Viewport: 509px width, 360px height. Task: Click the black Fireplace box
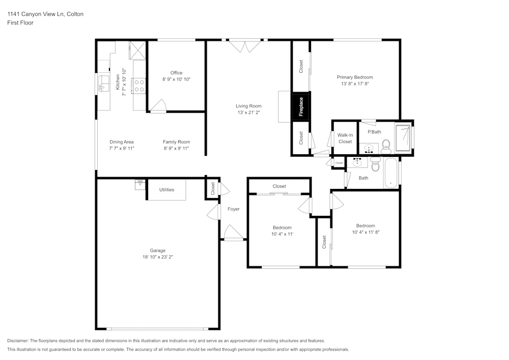point(301,107)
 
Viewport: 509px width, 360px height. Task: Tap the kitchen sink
point(103,83)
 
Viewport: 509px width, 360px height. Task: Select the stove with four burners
point(138,85)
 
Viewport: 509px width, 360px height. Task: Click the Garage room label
point(157,251)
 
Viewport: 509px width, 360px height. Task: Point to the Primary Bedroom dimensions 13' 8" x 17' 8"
point(355,84)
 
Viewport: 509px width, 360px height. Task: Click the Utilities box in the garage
point(166,189)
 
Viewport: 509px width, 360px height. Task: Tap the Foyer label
point(233,209)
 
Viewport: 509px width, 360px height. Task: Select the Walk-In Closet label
point(345,138)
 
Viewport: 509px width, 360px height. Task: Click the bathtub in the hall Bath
point(391,173)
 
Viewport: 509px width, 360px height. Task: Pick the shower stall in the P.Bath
point(405,137)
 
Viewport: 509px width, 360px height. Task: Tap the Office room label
point(176,73)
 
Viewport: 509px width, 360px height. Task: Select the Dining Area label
point(122,142)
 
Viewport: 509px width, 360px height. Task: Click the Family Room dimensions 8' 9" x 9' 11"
point(176,149)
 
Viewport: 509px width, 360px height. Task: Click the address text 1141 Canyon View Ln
point(45,14)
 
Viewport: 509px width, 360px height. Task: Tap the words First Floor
point(20,23)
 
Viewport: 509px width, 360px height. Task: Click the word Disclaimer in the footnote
point(18,341)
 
